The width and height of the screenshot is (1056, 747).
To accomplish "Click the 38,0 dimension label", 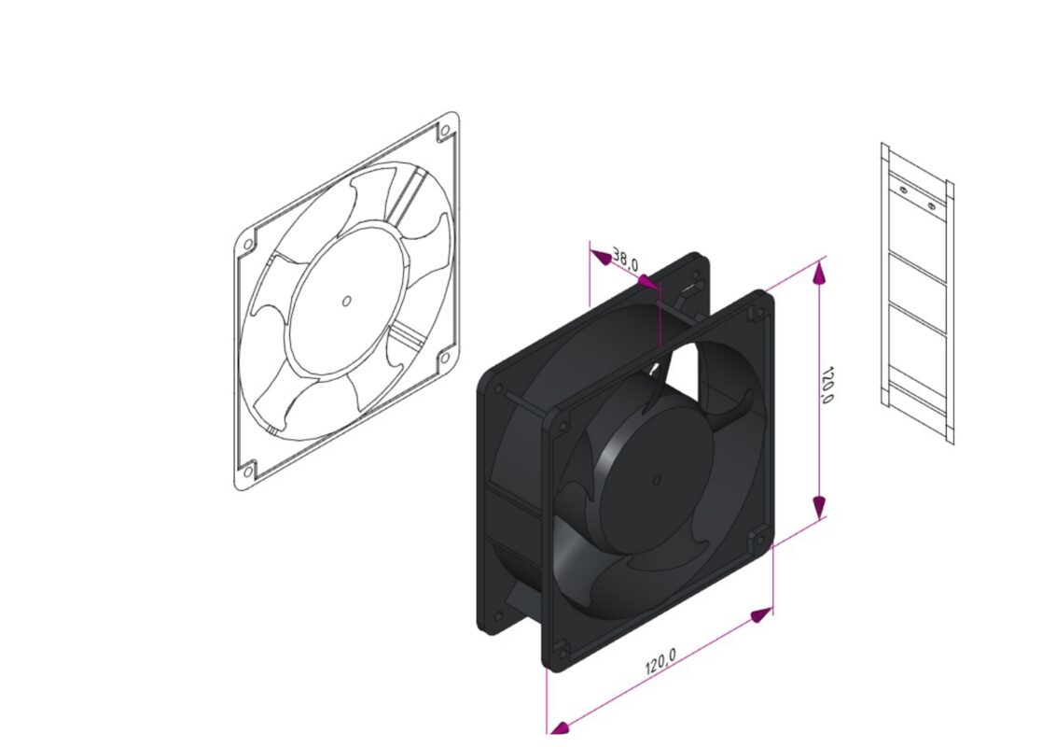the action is pos(625,261).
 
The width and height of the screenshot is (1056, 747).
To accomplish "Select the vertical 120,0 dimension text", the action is pos(827,385).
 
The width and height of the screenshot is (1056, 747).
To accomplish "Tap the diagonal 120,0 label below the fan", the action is pos(660,661).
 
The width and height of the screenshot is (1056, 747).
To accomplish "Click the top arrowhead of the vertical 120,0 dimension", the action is pos(819,272).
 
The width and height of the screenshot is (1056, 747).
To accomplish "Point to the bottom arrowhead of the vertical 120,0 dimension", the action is pos(819,506).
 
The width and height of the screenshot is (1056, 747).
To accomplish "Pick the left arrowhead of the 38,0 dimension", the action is pos(600,255).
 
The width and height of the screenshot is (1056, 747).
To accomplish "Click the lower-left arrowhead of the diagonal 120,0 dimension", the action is pos(559,726).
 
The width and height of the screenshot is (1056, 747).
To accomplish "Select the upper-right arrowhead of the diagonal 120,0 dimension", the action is pos(761,614).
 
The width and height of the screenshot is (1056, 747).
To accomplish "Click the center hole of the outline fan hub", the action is pos(346,301).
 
